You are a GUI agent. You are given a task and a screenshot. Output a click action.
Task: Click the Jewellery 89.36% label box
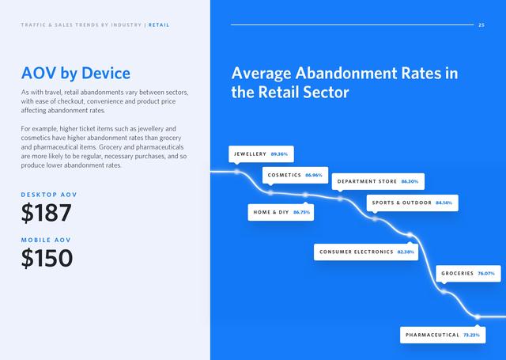point(261,154)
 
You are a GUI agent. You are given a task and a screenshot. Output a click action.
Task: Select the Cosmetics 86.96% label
point(295,176)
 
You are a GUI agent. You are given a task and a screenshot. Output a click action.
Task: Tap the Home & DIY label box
point(281,213)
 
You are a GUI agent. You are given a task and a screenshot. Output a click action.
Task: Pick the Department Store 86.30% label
point(378,181)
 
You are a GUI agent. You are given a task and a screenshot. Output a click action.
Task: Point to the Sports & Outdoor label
point(413,203)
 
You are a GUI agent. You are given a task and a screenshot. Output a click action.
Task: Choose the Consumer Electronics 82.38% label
point(366,252)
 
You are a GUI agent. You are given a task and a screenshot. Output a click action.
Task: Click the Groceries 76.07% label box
point(468,274)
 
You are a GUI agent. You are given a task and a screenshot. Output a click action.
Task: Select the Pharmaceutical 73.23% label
point(443,335)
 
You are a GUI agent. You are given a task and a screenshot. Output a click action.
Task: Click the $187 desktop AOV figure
point(46,213)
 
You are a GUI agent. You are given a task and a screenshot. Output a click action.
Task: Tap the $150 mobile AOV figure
point(47,258)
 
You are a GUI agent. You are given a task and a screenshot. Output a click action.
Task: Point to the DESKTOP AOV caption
point(49,195)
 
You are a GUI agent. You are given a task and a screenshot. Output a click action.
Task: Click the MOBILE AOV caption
point(46,240)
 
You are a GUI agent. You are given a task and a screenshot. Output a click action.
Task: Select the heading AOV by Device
point(76,74)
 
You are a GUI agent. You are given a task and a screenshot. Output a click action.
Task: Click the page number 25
point(481,25)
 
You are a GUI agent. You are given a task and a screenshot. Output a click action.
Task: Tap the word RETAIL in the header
point(159,25)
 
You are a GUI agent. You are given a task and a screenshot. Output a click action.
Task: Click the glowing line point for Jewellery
point(237,172)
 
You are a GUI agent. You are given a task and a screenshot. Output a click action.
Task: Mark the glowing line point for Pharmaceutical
point(478,316)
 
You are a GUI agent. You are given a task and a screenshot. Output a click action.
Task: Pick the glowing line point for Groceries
point(444,291)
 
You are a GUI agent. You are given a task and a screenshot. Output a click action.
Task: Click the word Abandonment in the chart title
point(346,74)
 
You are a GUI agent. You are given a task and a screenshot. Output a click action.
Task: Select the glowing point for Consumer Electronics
point(410,235)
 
